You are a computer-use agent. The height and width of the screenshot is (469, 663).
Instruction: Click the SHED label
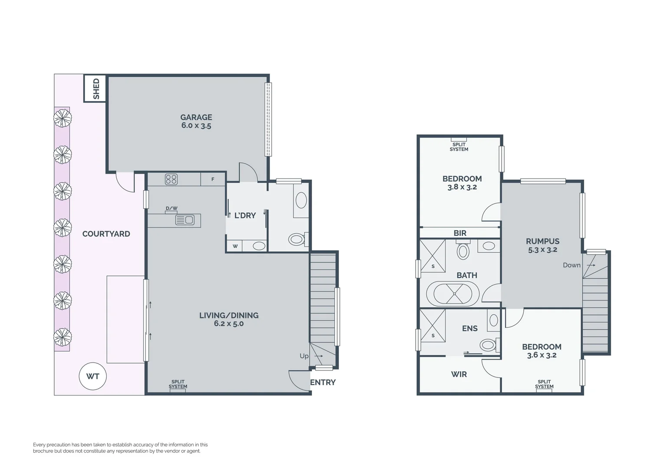click(96, 89)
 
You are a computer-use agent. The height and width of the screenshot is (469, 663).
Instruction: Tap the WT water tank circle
click(92, 376)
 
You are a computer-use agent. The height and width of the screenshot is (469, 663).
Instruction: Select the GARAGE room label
click(196, 117)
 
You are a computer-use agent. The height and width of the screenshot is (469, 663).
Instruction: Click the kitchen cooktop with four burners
click(171, 179)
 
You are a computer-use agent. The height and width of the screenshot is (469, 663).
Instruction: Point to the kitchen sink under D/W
click(185, 220)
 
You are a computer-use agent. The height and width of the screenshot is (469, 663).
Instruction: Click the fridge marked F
click(213, 179)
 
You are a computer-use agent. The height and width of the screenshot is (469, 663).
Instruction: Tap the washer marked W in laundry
click(235, 246)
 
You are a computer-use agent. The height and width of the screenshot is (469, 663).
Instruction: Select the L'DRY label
click(245, 215)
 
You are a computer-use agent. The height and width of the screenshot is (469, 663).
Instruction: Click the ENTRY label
click(322, 382)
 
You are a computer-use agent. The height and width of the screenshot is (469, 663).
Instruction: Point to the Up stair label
click(304, 356)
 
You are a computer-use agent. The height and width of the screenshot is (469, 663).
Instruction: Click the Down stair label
click(571, 265)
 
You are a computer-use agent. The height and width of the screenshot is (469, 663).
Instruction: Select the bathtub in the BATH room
click(454, 294)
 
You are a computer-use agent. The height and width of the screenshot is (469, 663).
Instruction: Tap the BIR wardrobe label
click(460, 233)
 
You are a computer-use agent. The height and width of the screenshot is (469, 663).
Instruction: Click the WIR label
click(459, 374)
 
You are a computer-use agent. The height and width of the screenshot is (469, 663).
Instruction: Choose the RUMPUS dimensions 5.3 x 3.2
click(542, 250)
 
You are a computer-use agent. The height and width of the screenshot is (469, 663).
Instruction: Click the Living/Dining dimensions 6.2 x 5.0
click(229, 324)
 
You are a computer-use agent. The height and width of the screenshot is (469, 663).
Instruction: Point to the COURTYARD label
click(106, 234)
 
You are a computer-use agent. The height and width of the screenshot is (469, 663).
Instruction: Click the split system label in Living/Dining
click(178, 384)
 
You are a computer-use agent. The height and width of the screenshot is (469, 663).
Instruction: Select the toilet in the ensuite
click(488, 345)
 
